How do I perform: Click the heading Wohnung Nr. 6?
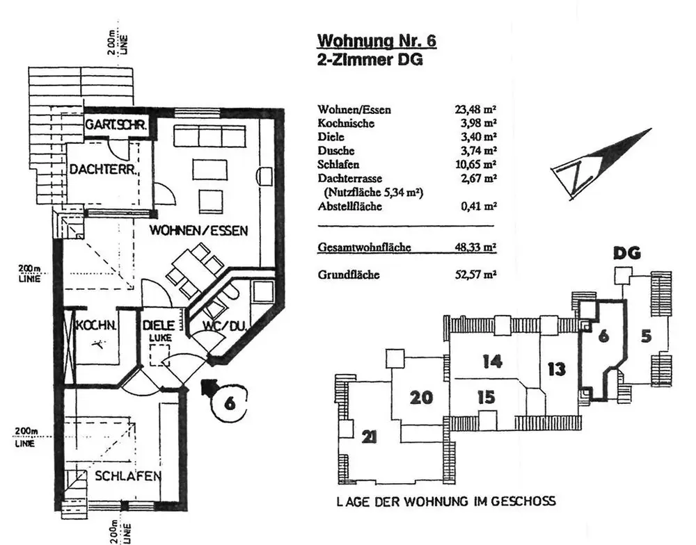click(377, 40)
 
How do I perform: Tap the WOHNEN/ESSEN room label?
click(198, 231)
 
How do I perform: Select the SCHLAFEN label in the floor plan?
click(129, 476)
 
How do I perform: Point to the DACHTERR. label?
click(105, 169)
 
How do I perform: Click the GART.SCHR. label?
click(116, 126)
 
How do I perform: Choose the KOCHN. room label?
click(96, 325)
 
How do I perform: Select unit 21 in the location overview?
click(370, 437)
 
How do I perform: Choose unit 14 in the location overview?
click(491, 361)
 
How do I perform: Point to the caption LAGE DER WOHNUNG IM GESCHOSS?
click(445, 501)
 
